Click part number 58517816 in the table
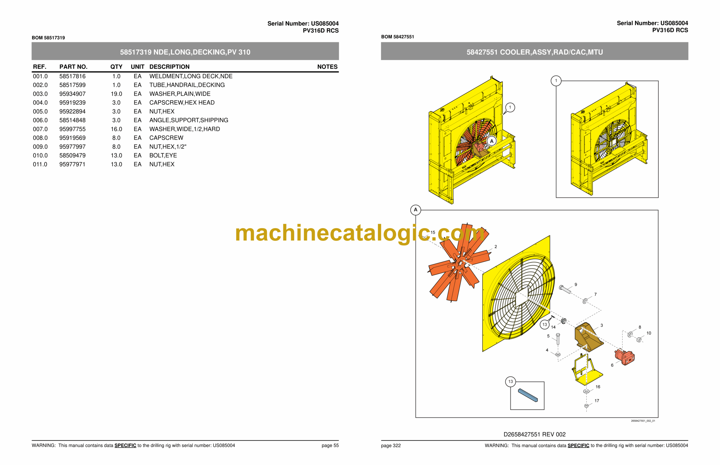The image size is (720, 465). pyautogui.click(x=72, y=76)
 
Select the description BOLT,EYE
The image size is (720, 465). pyautogui.click(x=163, y=156)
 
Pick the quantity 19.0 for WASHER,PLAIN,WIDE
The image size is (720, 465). pyautogui.click(x=116, y=94)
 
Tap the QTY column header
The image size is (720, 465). pyautogui.click(x=116, y=67)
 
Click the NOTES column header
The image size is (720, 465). pyautogui.click(x=327, y=67)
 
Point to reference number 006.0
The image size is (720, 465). pyautogui.click(x=40, y=120)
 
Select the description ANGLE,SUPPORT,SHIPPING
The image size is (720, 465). pyautogui.click(x=189, y=120)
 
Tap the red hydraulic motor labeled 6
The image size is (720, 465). pyautogui.click(x=625, y=357)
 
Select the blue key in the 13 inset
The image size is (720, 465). pyautogui.click(x=528, y=395)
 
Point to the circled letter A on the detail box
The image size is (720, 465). pyautogui.click(x=415, y=210)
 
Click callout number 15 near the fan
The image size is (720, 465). pyautogui.click(x=433, y=233)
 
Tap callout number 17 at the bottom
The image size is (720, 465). pyautogui.click(x=597, y=401)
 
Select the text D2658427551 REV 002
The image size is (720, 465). pyautogui.click(x=534, y=434)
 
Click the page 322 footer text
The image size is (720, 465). pyautogui.click(x=391, y=446)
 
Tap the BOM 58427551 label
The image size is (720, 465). pyautogui.click(x=397, y=37)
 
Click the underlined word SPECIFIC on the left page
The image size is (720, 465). pyautogui.click(x=125, y=446)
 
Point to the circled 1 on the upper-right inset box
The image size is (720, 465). pyautogui.click(x=556, y=81)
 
